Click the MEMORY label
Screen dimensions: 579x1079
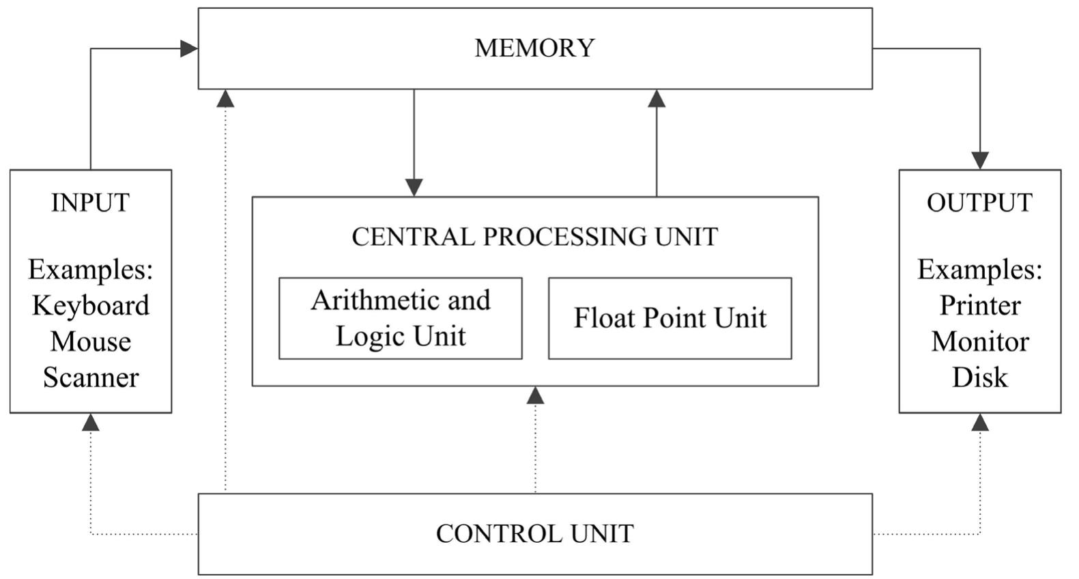pos(534,48)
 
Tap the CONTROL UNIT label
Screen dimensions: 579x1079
pos(534,533)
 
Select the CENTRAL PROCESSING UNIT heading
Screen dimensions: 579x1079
pos(534,236)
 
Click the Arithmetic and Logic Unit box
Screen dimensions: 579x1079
pos(401,318)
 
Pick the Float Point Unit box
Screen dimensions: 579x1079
pos(670,318)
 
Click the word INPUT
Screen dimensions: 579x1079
pos(90,203)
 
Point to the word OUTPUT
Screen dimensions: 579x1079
pos(979,203)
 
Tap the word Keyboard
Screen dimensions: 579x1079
pos(90,305)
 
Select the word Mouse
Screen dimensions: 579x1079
pos(90,341)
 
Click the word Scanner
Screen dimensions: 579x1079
pos(90,377)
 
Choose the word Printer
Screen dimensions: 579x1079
pos(979,305)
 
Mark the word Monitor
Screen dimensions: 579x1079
pos(979,341)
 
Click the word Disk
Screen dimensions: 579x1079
pos(979,377)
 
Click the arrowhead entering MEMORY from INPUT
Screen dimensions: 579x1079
pos(189,48)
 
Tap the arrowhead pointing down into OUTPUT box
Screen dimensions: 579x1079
pos(980,160)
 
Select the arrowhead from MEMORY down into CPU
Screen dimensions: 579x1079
pos(414,187)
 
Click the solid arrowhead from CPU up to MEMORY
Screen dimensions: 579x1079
pos(657,99)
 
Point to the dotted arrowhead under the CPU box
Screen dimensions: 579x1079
pos(535,395)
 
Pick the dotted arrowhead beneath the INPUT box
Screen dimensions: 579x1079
pos(91,422)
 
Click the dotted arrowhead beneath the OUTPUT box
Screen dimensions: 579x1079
pos(980,422)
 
